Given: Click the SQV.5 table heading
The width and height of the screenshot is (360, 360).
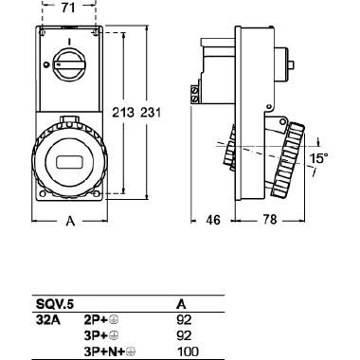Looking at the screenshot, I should pos(50,306).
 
